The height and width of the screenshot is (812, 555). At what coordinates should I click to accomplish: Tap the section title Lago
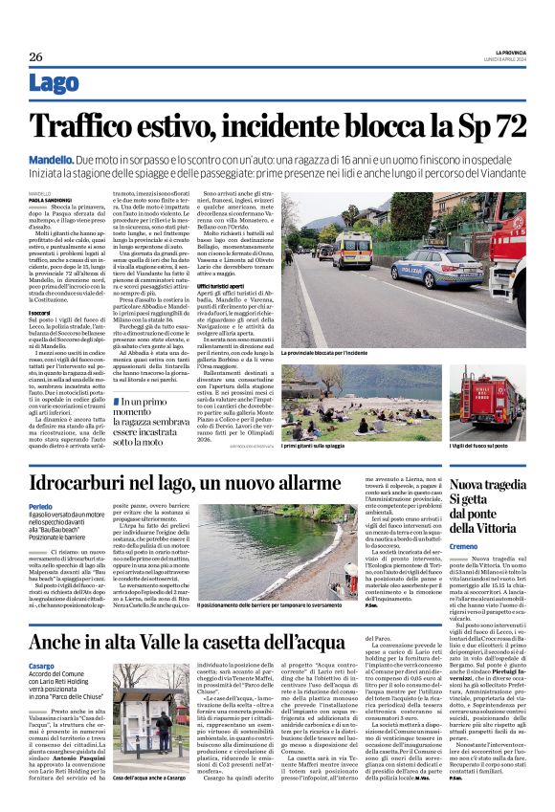point(55,84)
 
